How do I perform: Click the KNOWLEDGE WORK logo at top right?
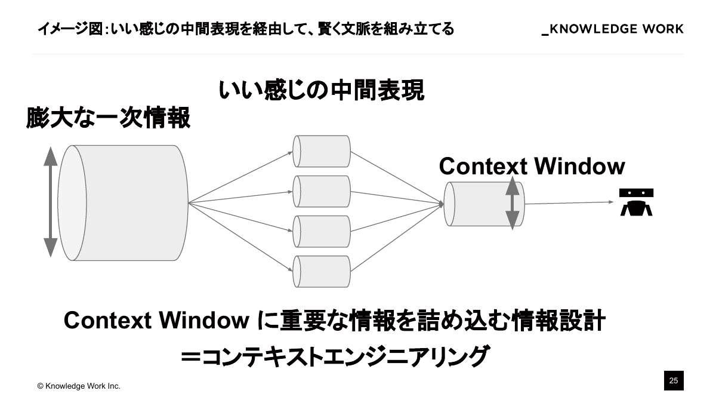pos(612,29)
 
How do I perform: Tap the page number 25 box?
pos(674,381)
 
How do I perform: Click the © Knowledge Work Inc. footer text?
pos(79,386)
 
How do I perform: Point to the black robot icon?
pos(636,202)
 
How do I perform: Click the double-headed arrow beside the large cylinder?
pos(51,203)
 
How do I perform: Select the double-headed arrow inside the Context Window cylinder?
pos(512,204)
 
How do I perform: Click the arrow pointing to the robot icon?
pos(570,203)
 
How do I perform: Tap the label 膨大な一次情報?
pos(108,118)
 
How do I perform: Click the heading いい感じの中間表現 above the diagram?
pos(321,91)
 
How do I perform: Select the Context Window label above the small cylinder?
pos(532,166)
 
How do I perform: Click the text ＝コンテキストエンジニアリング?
pos(335,356)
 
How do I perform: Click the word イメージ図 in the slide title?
pos(66,29)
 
